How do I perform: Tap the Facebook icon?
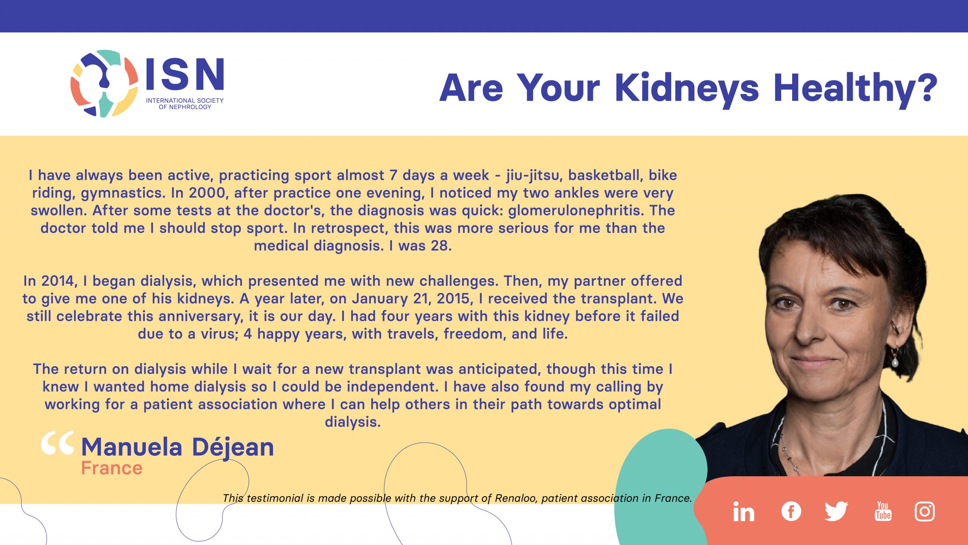click(791, 511)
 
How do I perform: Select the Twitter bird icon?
click(836, 511)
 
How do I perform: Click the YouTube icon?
click(883, 511)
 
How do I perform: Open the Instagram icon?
click(925, 511)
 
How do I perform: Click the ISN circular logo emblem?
click(104, 83)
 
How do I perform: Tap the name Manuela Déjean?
click(178, 447)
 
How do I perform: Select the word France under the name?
click(112, 468)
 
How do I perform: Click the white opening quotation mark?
click(57, 443)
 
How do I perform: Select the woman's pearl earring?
click(895, 363)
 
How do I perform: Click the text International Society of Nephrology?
click(185, 104)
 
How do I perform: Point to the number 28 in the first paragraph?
click(440, 246)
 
